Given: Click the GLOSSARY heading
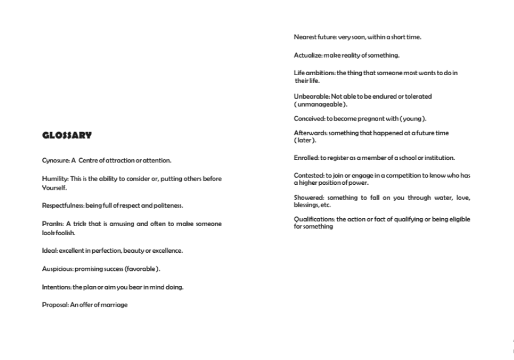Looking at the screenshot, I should pos(67,135).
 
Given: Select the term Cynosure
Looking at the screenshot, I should pos(56,161).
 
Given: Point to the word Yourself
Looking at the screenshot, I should pos(53,187).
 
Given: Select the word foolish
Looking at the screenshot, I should pos(64,233).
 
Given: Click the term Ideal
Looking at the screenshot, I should pos(49,251).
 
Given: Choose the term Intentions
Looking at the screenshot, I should pos(56,287).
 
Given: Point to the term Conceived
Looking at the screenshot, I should pos(309,119).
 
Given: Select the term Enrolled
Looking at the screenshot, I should pos(306,158).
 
